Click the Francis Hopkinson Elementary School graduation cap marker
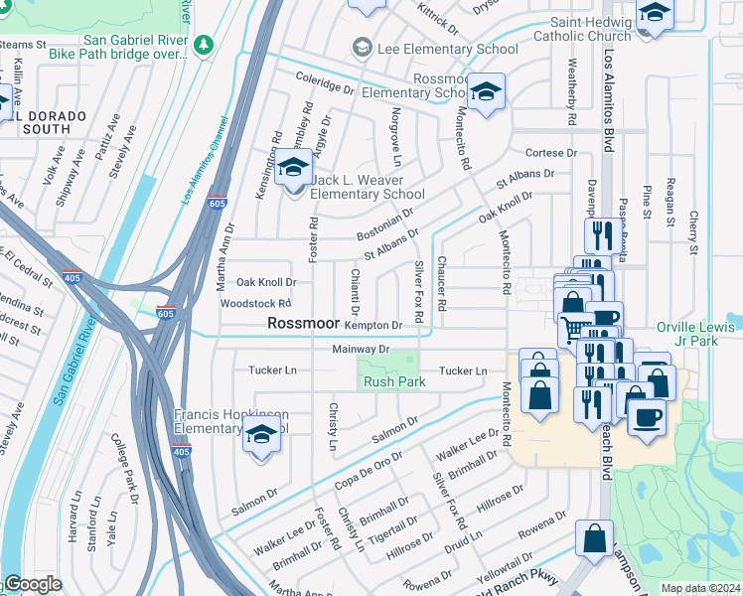pos(261,436)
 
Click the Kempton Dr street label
pos(372,325)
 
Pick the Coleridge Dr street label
pos(324,87)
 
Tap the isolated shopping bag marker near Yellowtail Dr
pos(594,539)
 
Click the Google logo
pos(33,584)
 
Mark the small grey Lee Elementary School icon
pos(362,47)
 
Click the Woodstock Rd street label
pos(255,303)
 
